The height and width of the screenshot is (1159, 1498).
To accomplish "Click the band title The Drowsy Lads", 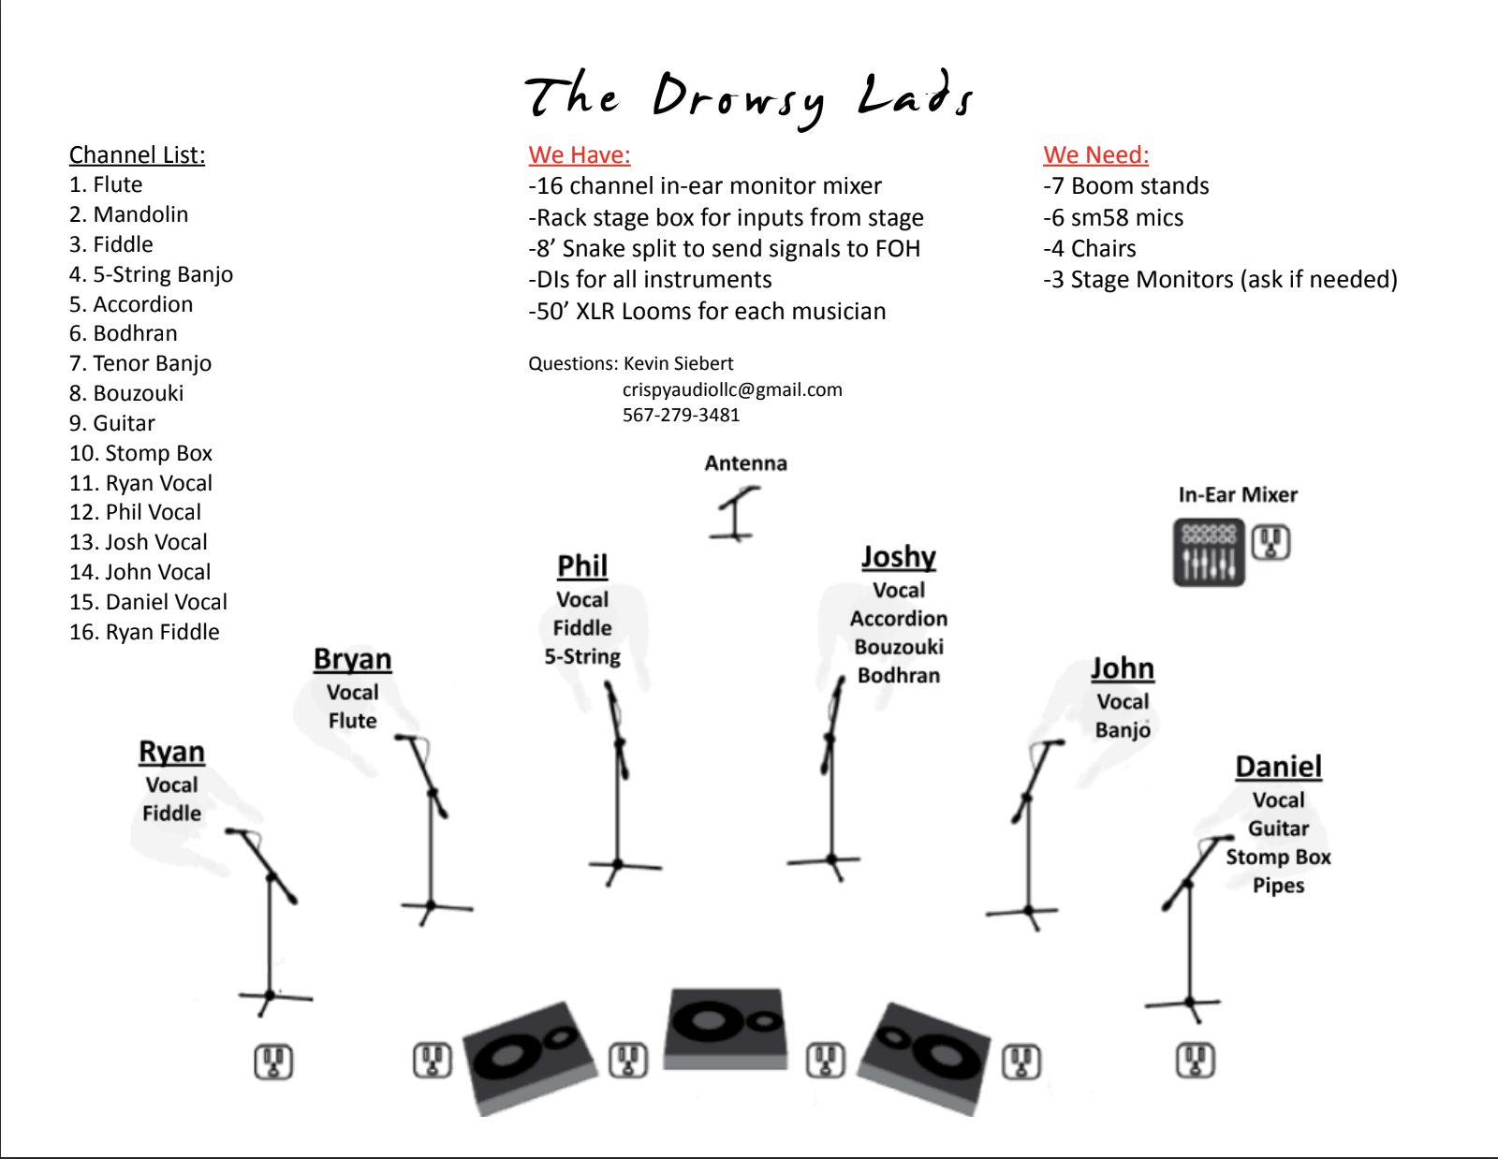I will pyautogui.click(x=749, y=97).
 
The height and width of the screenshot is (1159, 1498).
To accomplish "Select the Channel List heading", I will pyautogui.click(x=137, y=155).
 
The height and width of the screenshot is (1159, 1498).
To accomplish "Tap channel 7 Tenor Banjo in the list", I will pyautogui.click(x=140, y=363).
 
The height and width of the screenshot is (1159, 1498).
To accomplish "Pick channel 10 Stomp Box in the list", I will pyautogui.click(x=140, y=453).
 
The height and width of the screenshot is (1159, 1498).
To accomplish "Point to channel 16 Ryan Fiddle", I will pyautogui.click(x=144, y=632).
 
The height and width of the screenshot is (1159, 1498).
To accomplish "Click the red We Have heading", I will pyautogui.click(x=580, y=155).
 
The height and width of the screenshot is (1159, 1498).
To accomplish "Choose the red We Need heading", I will pyautogui.click(x=1095, y=155).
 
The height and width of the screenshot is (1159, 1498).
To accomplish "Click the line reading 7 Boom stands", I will pyautogui.click(x=1126, y=186).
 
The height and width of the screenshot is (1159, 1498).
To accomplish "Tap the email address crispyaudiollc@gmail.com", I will pyautogui.click(x=732, y=389).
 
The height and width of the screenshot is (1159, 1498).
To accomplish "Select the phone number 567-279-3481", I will pyautogui.click(x=681, y=415).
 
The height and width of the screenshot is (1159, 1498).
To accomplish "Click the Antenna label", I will pyautogui.click(x=745, y=463).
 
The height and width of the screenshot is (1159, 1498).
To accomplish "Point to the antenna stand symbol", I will pyautogui.click(x=736, y=516).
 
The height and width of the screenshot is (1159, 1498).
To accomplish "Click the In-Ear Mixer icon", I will pyautogui.click(x=1209, y=552).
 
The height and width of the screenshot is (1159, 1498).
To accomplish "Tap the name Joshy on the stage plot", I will pyautogui.click(x=899, y=557).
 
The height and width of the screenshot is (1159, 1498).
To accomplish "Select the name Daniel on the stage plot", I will pyautogui.click(x=1278, y=767).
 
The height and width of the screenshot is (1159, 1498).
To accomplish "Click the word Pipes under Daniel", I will pyautogui.click(x=1278, y=886).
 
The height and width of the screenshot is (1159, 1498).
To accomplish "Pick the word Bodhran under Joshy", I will pyautogui.click(x=899, y=675).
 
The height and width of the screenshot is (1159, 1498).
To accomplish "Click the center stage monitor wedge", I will pyautogui.click(x=726, y=1028).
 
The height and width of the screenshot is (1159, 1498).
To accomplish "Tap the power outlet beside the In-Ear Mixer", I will pyautogui.click(x=1270, y=543).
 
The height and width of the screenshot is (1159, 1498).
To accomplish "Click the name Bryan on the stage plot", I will pyautogui.click(x=352, y=659).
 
